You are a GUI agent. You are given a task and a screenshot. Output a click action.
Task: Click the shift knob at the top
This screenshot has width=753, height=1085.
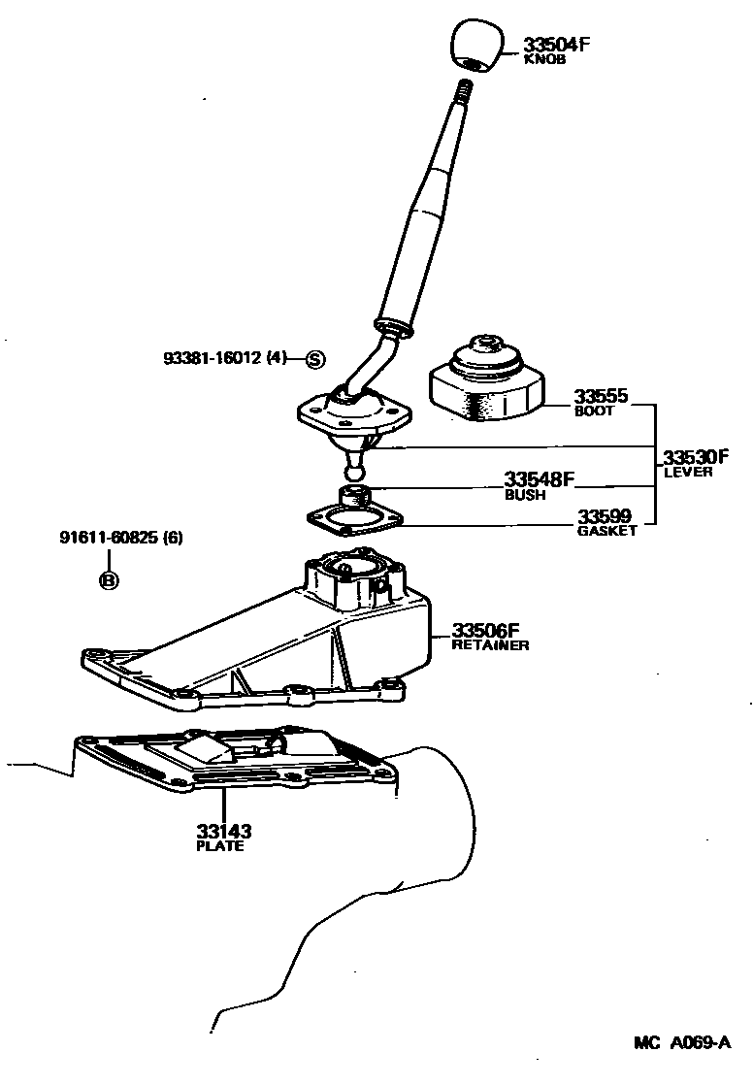pos(475,47)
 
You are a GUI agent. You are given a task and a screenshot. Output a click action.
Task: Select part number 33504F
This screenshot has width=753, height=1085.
pos(557,44)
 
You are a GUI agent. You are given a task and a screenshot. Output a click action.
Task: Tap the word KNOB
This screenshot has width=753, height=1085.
pos(543,59)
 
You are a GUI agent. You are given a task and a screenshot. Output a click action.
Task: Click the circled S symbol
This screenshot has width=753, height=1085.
pos(314,358)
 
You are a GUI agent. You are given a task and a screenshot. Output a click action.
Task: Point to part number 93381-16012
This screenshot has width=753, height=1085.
pos(225,358)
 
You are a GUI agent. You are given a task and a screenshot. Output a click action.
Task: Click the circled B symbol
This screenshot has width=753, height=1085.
pos(109,580)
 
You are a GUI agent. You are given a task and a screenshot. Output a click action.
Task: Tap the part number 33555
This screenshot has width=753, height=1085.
pos(601,396)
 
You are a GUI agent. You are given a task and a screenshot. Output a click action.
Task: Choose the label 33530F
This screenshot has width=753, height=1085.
pos(695,457)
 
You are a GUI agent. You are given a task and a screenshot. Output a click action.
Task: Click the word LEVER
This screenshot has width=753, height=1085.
pos(688,473)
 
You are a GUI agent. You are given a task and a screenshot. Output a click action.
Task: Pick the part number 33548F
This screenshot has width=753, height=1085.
pos(540,478)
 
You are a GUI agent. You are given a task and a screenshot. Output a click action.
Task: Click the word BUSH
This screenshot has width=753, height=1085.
pos(525,495)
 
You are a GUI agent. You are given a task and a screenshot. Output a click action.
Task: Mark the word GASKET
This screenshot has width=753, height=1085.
pos(607,531)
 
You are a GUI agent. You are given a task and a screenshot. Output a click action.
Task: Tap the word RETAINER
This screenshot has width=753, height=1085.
pos(490,644)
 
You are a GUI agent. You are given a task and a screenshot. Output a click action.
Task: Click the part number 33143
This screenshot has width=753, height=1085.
pos(224,831)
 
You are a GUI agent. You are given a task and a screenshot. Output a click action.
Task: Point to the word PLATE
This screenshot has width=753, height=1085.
pos(220,846)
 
